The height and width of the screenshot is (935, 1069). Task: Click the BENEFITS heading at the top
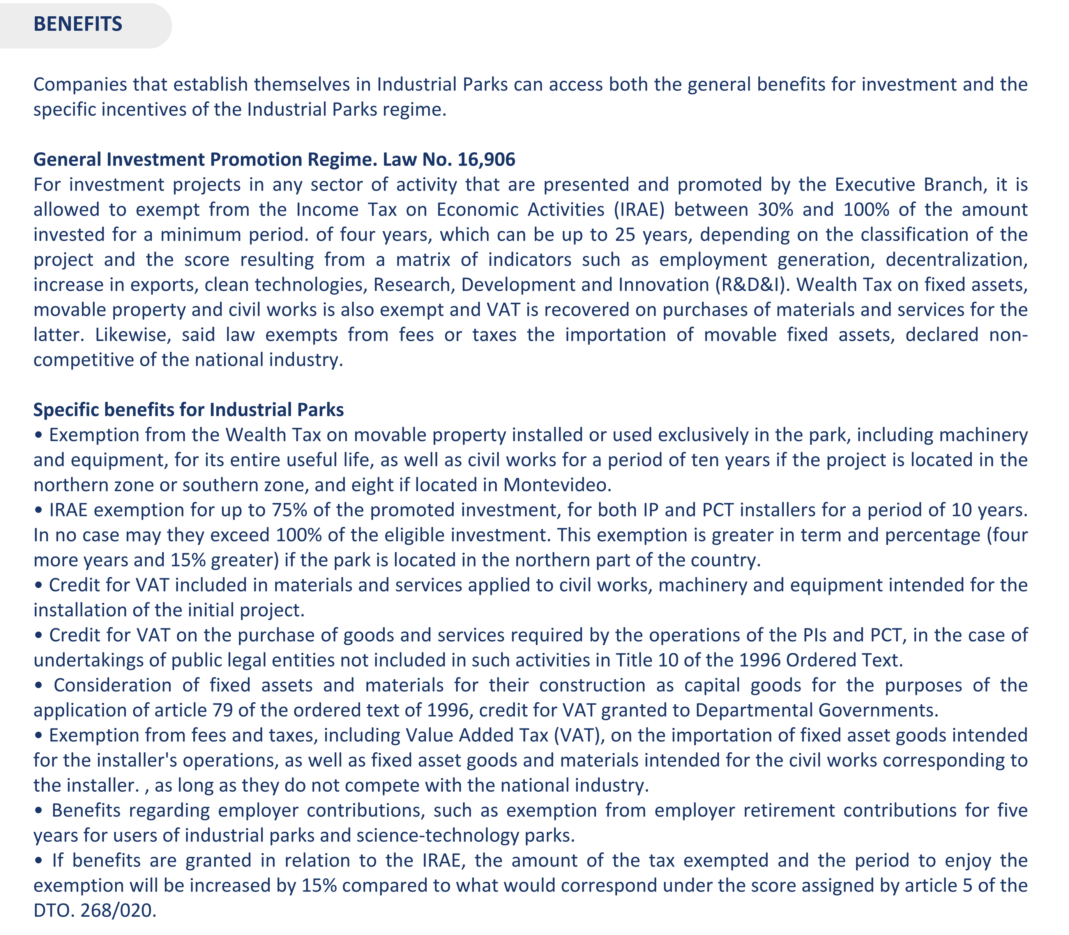(78, 24)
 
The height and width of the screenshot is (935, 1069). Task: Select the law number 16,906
(486, 159)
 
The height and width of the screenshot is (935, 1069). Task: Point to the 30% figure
(776, 209)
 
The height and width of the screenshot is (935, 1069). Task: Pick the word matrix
(423, 259)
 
